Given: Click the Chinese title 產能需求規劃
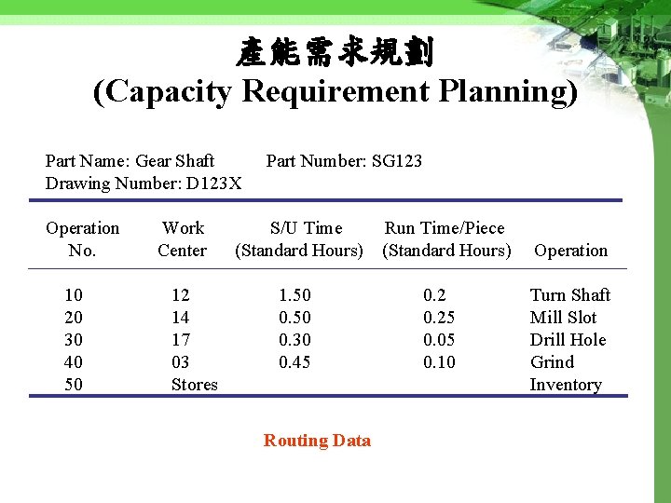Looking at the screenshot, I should click(x=335, y=53).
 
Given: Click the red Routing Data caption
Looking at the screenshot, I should click(x=317, y=441).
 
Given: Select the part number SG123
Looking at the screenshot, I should click(x=396, y=161).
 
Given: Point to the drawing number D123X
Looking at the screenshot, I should click(x=213, y=184).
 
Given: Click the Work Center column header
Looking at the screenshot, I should click(x=183, y=239).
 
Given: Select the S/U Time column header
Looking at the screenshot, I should click(x=299, y=239).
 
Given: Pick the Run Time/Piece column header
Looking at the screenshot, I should click(x=446, y=239).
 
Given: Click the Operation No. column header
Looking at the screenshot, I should click(x=83, y=239).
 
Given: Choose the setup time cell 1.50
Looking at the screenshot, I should click(x=295, y=295).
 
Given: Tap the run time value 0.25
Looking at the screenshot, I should click(x=439, y=318).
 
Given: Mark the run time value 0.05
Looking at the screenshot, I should click(x=439, y=340).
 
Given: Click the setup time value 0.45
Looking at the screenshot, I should click(x=295, y=362).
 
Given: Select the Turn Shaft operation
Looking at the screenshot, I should click(x=569, y=295).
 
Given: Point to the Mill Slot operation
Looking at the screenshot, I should click(x=563, y=318).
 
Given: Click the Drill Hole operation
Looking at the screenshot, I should click(x=568, y=340).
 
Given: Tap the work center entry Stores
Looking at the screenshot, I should click(x=194, y=385).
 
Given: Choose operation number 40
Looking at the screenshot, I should click(x=74, y=362).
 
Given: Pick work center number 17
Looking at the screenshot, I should click(x=181, y=340).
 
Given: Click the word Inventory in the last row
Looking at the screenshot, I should click(x=566, y=385).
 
